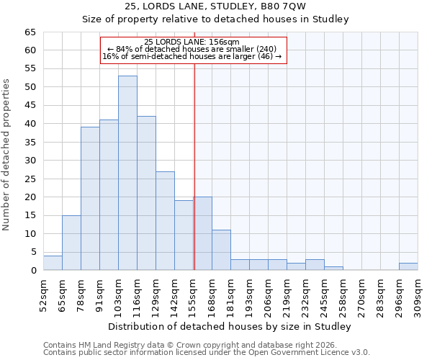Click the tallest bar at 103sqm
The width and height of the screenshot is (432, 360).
[127, 173]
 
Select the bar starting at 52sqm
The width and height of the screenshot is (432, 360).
[53, 263]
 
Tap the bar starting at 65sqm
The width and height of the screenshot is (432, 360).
[71, 243]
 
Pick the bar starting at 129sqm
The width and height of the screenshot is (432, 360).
[165, 220]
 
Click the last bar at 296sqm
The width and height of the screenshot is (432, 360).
[408, 266]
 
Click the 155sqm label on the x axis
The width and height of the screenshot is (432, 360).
[193, 293]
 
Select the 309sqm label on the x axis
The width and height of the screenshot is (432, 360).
[418, 293]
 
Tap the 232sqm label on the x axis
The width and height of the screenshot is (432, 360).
[305, 293]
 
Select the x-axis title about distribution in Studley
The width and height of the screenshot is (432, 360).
[230, 327]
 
